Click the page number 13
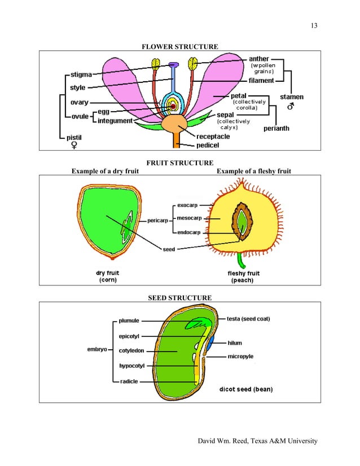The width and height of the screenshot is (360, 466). [x=314, y=25]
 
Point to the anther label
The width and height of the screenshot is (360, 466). [x=259, y=58]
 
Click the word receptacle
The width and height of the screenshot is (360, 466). [x=213, y=136]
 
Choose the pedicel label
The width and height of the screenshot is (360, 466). [x=208, y=145]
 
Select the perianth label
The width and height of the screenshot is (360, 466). [x=276, y=129]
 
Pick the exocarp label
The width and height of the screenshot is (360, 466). [x=186, y=206]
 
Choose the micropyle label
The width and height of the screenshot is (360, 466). [x=240, y=356]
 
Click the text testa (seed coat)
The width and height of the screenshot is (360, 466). [x=248, y=319]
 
